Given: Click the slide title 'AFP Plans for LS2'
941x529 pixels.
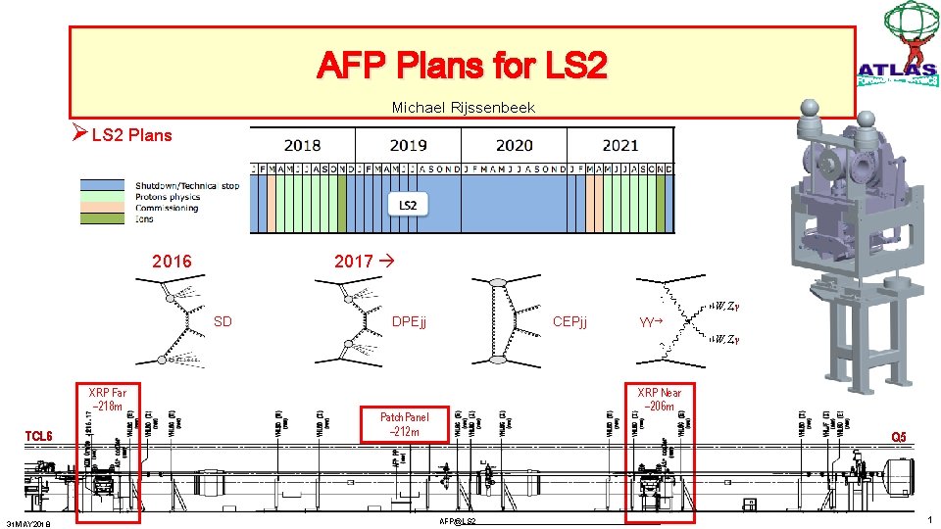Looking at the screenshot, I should [462, 66].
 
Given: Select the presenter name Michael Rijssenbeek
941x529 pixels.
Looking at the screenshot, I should [463, 107].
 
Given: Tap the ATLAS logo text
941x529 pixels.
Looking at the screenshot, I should [896, 70].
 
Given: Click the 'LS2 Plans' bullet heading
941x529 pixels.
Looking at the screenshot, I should [130, 135].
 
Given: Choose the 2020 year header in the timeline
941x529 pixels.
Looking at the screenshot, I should [514, 146].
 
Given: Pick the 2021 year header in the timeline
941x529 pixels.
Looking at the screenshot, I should [619, 146].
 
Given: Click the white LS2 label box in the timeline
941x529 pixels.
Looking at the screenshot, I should [408, 205].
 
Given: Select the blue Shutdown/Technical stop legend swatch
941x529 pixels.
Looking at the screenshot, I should [106, 185].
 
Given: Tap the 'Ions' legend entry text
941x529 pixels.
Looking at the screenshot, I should [144, 218].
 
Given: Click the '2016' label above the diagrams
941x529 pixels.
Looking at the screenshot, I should [172, 262].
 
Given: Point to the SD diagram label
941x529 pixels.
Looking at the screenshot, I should [223, 321].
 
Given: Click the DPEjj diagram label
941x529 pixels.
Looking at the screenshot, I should [409, 321].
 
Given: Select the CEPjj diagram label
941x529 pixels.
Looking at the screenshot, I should [570, 321].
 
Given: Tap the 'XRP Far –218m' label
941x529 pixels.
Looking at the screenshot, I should [108, 400].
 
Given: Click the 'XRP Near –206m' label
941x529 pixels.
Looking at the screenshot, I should [659, 400].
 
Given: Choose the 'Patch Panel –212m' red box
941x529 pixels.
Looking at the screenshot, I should [404, 424].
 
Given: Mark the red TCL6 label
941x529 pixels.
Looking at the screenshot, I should [39, 436].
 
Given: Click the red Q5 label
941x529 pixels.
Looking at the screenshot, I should [898, 436].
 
